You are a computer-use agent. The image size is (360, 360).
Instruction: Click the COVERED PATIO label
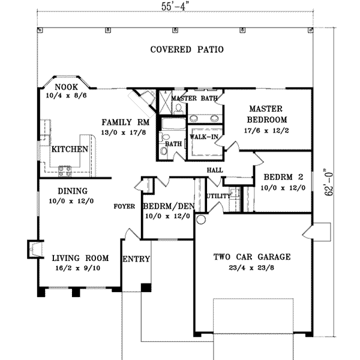[x=187, y=50]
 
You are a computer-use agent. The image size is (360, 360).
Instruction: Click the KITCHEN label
[x=70, y=149]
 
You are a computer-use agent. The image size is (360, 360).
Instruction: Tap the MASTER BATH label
[x=194, y=98]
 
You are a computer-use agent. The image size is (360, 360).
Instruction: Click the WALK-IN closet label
[x=204, y=137]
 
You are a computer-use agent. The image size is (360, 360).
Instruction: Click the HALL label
[x=215, y=170]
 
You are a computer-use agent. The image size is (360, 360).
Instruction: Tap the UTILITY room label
[x=218, y=196]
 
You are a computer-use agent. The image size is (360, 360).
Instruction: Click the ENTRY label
[x=136, y=259]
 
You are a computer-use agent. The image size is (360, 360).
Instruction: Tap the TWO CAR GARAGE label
[x=252, y=257]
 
